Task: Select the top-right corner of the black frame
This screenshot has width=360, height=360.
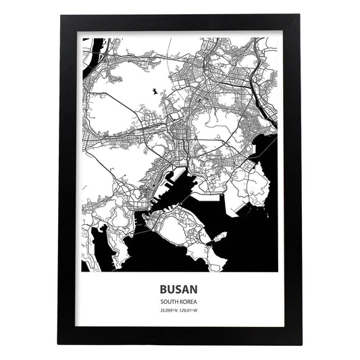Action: (301, 16)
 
